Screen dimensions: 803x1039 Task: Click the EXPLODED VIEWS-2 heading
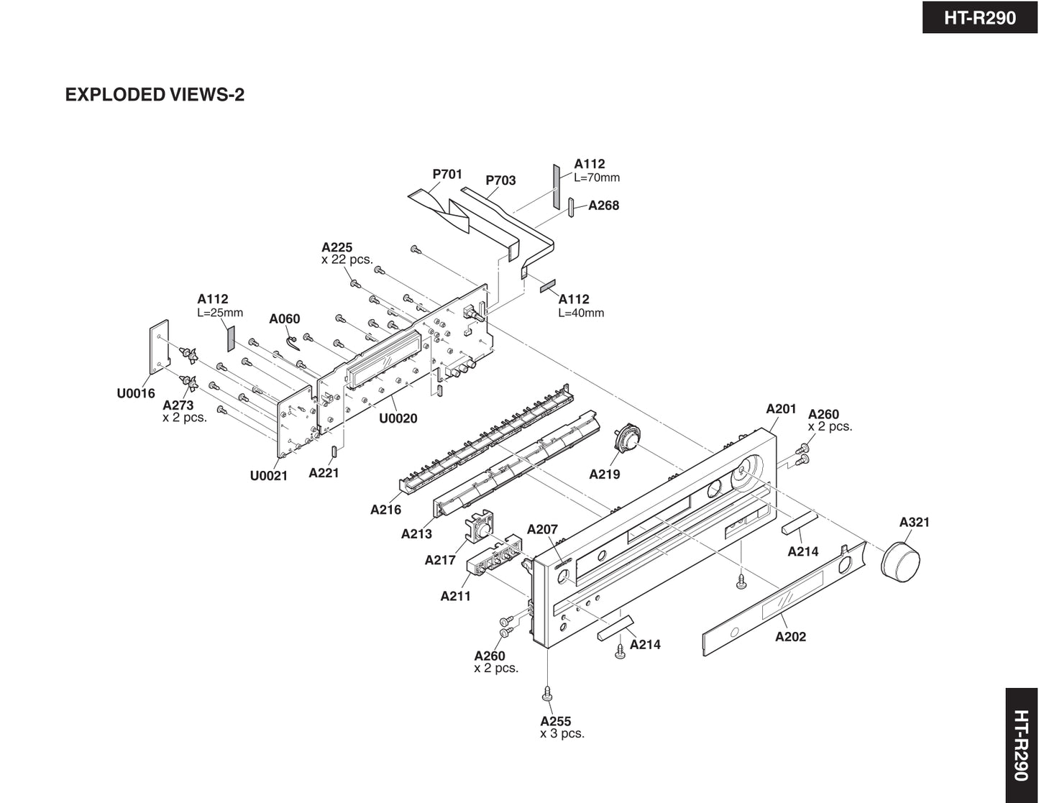tap(155, 95)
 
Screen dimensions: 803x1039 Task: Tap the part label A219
tap(604, 474)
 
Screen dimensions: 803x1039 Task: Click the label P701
tap(447, 174)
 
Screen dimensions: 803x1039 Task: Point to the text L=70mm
tap(597, 178)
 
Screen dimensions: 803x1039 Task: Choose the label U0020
tap(398, 418)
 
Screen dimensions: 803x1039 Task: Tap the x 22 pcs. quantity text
tap(347, 260)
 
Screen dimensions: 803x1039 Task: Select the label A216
tap(385, 510)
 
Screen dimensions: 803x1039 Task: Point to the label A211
tap(455, 596)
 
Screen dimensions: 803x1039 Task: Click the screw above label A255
tap(548, 694)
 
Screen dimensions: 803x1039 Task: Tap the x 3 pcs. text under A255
tap(562, 734)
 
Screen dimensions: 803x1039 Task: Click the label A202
tap(790, 637)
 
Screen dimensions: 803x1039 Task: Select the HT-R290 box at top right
tap(980, 17)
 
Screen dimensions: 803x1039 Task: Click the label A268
tap(603, 206)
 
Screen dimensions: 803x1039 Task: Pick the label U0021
tap(269, 476)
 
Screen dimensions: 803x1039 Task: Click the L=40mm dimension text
tap(581, 313)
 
